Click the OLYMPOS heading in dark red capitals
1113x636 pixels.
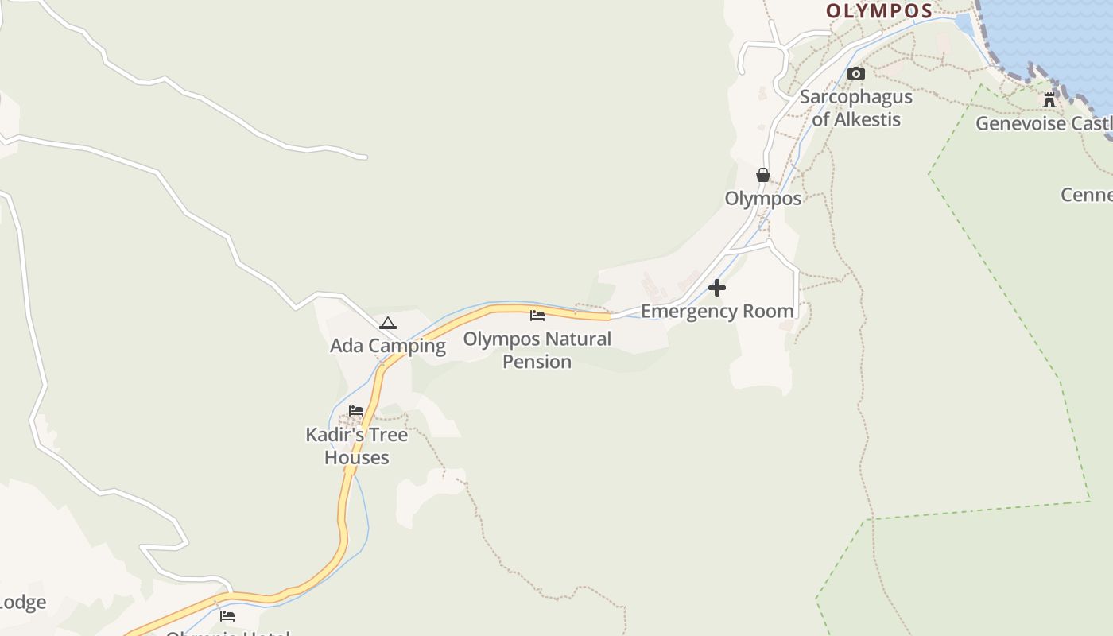point(878,11)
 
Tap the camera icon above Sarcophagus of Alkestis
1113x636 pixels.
point(856,74)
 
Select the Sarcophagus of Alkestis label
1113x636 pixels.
point(856,108)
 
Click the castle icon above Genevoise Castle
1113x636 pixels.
point(1049,100)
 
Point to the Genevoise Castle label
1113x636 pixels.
point(1043,124)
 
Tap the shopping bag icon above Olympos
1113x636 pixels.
point(763,175)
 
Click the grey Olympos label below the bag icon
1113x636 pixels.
point(763,198)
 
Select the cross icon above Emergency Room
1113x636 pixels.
point(717,288)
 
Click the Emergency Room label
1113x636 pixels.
point(717,311)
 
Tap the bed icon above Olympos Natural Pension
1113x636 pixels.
point(537,316)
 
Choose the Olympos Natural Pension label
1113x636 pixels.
point(537,350)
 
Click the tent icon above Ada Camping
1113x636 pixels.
point(388,323)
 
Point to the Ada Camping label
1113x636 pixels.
point(388,346)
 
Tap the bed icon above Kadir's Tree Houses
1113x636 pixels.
point(356,411)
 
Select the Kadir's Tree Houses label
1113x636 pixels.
point(357,446)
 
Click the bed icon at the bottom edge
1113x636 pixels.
point(227,615)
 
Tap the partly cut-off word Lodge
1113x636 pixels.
point(22,603)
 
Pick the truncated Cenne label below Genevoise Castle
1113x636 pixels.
point(1087,195)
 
